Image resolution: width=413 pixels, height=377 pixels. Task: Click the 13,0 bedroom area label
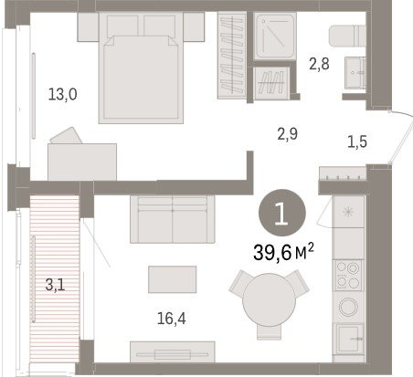click(63, 94)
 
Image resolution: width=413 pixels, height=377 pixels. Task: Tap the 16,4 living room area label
click(172, 319)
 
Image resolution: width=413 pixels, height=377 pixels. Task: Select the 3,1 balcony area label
click(55, 285)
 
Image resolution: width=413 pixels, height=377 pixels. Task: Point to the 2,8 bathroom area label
click(319, 64)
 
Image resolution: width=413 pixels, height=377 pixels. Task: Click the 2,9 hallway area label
click(288, 134)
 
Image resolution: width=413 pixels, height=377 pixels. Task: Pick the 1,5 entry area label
click(357, 141)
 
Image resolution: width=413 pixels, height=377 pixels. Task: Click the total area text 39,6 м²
click(283, 252)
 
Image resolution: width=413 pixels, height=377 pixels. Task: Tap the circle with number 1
click(281, 213)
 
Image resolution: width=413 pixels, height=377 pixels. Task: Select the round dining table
click(270, 299)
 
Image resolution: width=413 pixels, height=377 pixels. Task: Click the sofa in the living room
click(173, 219)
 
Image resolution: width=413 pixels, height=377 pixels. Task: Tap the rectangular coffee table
click(173, 279)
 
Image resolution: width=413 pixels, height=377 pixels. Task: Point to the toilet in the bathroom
click(347, 36)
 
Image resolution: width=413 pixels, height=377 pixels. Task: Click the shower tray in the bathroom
click(275, 36)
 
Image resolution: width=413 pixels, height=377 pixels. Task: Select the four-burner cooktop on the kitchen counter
click(349, 276)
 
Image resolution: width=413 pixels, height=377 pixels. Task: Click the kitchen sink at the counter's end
click(349, 339)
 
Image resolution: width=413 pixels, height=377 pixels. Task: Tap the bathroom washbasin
click(355, 72)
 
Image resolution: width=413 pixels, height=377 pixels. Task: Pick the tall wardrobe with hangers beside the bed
click(232, 56)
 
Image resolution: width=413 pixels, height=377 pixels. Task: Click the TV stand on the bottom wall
click(173, 352)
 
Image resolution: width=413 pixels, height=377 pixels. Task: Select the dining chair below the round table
click(269, 332)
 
